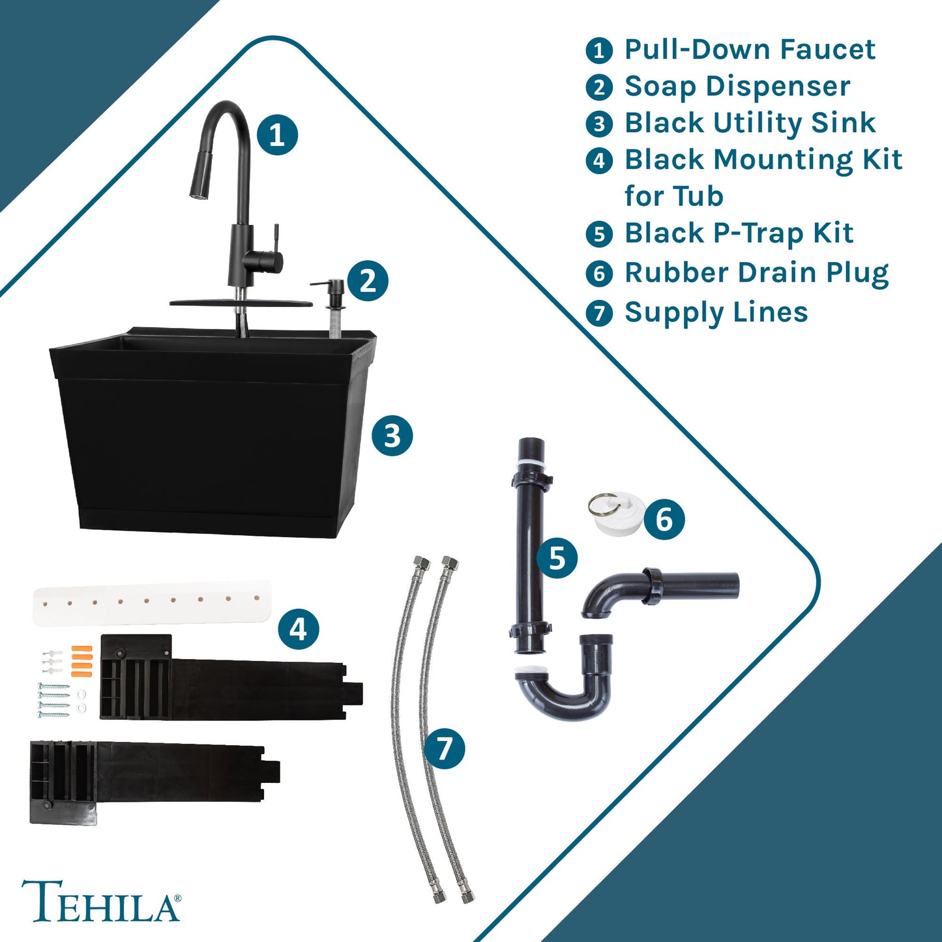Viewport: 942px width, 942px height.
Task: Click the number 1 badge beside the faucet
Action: click(x=277, y=135)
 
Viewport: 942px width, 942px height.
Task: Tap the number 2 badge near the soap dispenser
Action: click(x=367, y=281)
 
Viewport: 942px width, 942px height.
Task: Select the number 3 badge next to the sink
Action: click(x=392, y=435)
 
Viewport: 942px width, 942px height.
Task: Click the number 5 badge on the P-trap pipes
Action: click(x=557, y=558)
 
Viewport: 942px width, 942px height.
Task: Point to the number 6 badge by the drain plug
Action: click(x=664, y=520)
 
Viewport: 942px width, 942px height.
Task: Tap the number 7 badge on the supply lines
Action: click(x=444, y=748)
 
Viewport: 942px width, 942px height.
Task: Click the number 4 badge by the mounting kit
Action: click(x=298, y=629)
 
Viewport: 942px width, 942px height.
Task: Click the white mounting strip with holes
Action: click(x=152, y=602)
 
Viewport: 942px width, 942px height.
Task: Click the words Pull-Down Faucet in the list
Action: click(x=749, y=50)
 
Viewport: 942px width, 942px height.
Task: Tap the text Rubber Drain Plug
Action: click(x=756, y=273)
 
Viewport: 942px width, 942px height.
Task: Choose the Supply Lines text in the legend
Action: click(x=716, y=312)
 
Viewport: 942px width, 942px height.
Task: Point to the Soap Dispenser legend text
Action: click(x=737, y=87)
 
